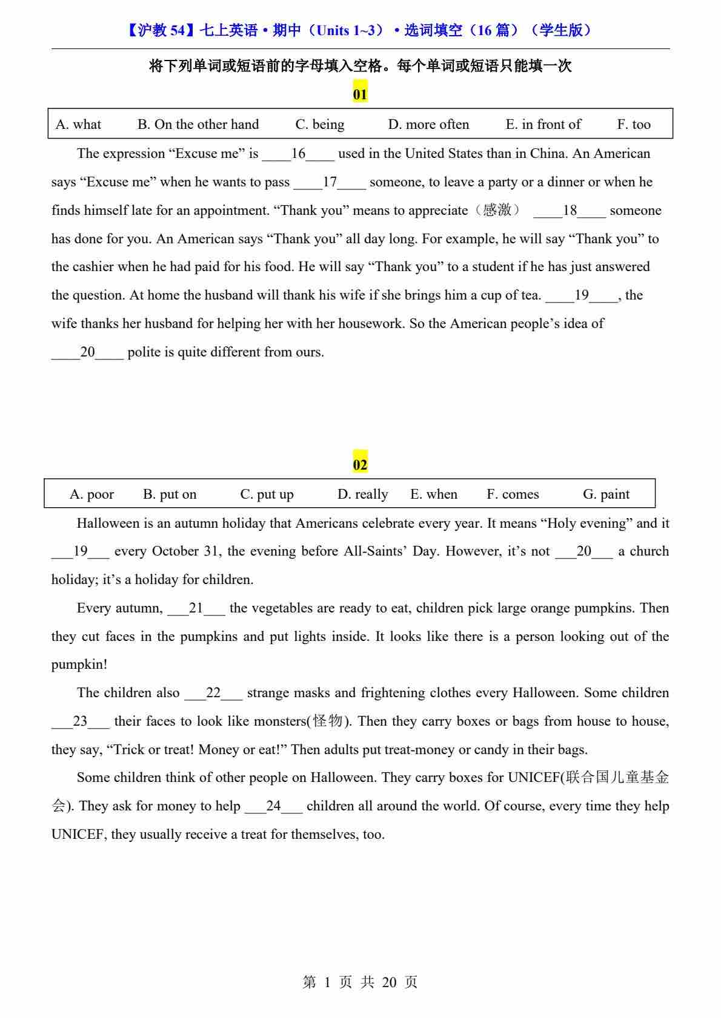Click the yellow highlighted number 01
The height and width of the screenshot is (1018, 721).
pos(360,94)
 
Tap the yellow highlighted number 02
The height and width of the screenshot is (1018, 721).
pos(360,465)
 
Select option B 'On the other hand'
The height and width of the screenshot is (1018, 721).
pos(198,125)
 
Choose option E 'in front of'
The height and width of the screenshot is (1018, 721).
pos(543,125)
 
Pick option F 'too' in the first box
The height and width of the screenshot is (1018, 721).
pos(634,125)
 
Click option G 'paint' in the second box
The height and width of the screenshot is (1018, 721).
pos(606,494)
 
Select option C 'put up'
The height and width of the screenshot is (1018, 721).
pos(267,494)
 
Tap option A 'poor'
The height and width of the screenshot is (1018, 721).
pos(91,494)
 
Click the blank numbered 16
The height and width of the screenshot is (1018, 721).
pos(298,154)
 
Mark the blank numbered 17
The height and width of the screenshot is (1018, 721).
pos(330,182)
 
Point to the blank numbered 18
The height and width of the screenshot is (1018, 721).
pos(570,211)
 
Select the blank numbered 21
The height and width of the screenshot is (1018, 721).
pos(196,608)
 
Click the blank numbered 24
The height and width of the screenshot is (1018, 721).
pos(273,806)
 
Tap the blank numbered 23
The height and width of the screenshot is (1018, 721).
pos(80,721)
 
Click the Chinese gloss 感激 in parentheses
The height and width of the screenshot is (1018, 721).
pos(497,210)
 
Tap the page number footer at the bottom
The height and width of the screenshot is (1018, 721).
pos(360,982)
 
